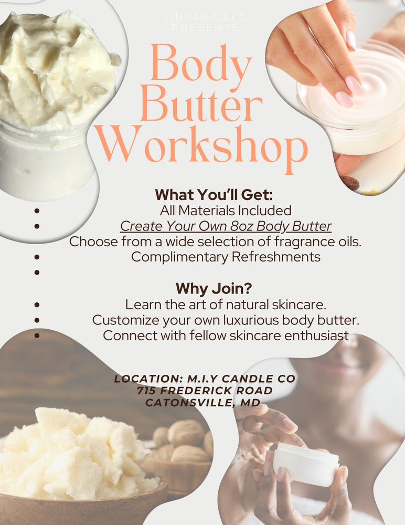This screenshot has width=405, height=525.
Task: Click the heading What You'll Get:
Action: coord(214,195)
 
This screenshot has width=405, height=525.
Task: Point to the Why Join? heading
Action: coord(214,288)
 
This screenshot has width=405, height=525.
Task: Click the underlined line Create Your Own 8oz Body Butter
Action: coord(226,226)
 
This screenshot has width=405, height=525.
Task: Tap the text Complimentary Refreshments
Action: coord(226,257)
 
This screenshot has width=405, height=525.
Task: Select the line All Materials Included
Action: coord(226,211)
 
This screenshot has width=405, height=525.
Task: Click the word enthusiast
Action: coord(317,335)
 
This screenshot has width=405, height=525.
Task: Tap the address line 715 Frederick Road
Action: coord(205,391)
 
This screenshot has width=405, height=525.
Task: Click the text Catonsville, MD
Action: coord(203,403)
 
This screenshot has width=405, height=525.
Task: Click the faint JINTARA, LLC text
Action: coord(205,17)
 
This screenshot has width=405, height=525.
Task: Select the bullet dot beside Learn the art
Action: coord(37,304)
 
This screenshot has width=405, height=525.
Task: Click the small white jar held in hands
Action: coord(306,465)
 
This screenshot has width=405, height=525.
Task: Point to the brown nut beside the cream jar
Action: coord(350,183)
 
